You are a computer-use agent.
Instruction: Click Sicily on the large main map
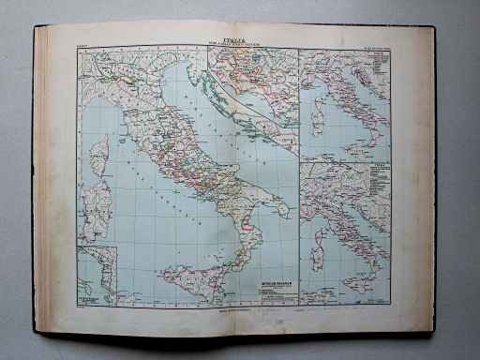click(x=191, y=279)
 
